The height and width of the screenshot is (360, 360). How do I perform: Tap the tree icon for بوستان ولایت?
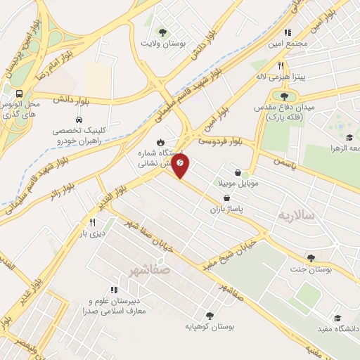pos(163,32)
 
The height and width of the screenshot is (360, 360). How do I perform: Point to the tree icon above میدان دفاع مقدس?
pos(284,96)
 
